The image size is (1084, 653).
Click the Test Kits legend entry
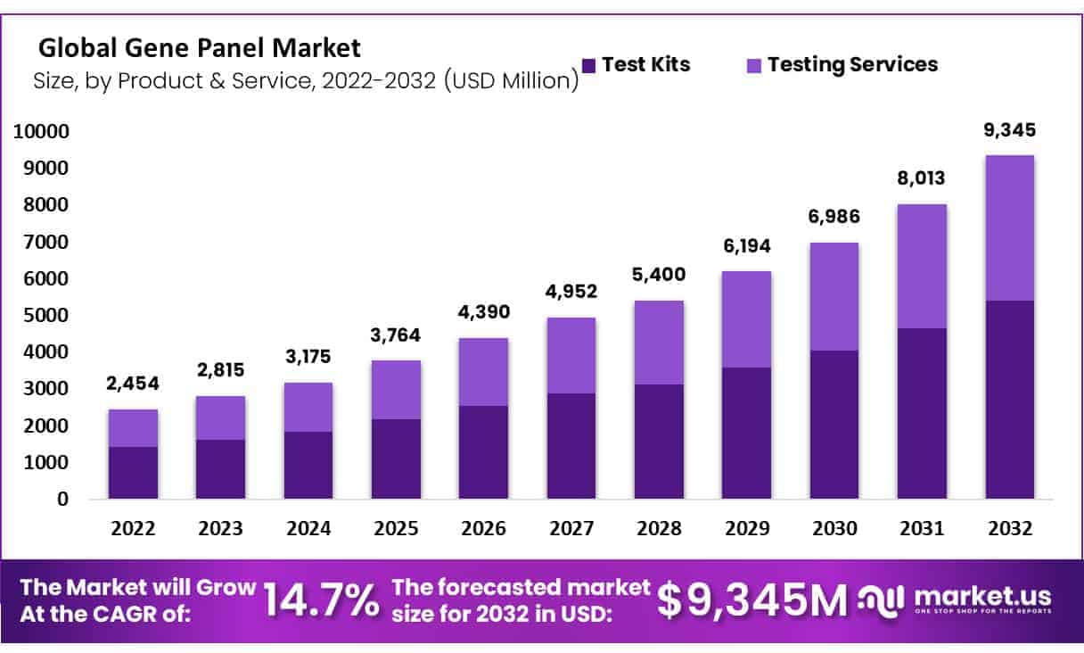(x=636, y=64)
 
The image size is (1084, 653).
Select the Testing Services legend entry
(x=842, y=64)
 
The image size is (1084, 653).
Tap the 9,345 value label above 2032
(x=1009, y=130)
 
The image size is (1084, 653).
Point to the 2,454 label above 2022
(x=133, y=384)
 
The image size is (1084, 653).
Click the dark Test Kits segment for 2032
(x=1009, y=400)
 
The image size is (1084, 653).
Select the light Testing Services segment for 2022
(x=133, y=428)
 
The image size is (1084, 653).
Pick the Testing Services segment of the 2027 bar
(x=571, y=355)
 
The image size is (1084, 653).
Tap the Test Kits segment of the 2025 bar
(x=396, y=459)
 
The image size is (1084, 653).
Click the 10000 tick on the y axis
(x=40, y=132)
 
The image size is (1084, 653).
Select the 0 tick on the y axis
(x=62, y=500)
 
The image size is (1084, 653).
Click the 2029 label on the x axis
(x=746, y=529)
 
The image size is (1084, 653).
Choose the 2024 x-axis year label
(x=308, y=529)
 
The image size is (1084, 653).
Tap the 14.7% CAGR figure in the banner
(x=322, y=601)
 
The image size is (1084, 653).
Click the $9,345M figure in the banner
(x=752, y=601)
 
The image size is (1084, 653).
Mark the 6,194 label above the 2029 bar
(x=746, y=246)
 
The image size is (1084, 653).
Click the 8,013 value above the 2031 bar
(x=922, y=179)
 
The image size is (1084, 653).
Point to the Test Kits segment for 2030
(x=834, y=425)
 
